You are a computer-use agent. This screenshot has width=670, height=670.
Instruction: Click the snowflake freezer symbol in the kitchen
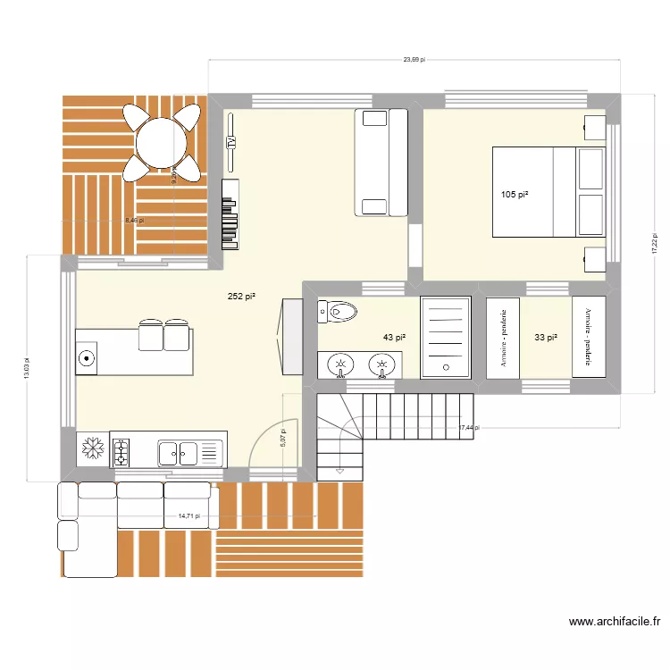pyautogui.click(x=91, y=448)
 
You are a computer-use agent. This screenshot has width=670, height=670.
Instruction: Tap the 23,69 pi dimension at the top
pyautogui.click(x=414, y=60)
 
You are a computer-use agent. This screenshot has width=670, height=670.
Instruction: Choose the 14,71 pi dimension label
pyautogui.click(x=188, y=515)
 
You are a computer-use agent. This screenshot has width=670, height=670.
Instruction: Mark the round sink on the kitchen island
pyautogui.click(x=88, y=359)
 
